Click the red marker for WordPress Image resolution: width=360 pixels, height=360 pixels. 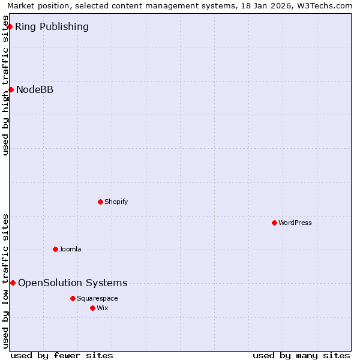pos(274,223)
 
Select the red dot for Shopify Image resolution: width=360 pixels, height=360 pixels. pos(100,202)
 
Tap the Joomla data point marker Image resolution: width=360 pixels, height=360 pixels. pos(55,249)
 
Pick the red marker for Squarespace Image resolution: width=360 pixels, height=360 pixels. pos(73,298)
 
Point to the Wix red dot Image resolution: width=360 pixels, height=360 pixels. pos(92,308)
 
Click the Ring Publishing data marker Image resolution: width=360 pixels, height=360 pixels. pos(10,26)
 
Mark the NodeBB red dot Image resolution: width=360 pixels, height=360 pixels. pos(11,89)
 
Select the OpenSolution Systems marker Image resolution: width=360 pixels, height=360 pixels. pos(13,283)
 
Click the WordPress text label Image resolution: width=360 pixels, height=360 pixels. pos(295,223)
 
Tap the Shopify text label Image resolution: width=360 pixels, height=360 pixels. pos(116,202)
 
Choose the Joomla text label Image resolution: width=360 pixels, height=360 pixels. pos(70,249)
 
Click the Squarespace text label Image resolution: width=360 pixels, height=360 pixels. pos(97,298)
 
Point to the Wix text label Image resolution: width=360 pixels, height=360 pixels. pos(103,308)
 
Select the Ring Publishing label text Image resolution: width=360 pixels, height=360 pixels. pos(52,26)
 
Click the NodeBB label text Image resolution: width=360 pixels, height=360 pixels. pos(35,89)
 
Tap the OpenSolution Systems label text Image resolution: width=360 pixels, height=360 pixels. pos(73,283)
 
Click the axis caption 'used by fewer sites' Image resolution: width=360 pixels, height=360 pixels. pos(62,355)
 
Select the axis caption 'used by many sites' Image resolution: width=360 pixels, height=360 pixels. pos(301,355)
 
